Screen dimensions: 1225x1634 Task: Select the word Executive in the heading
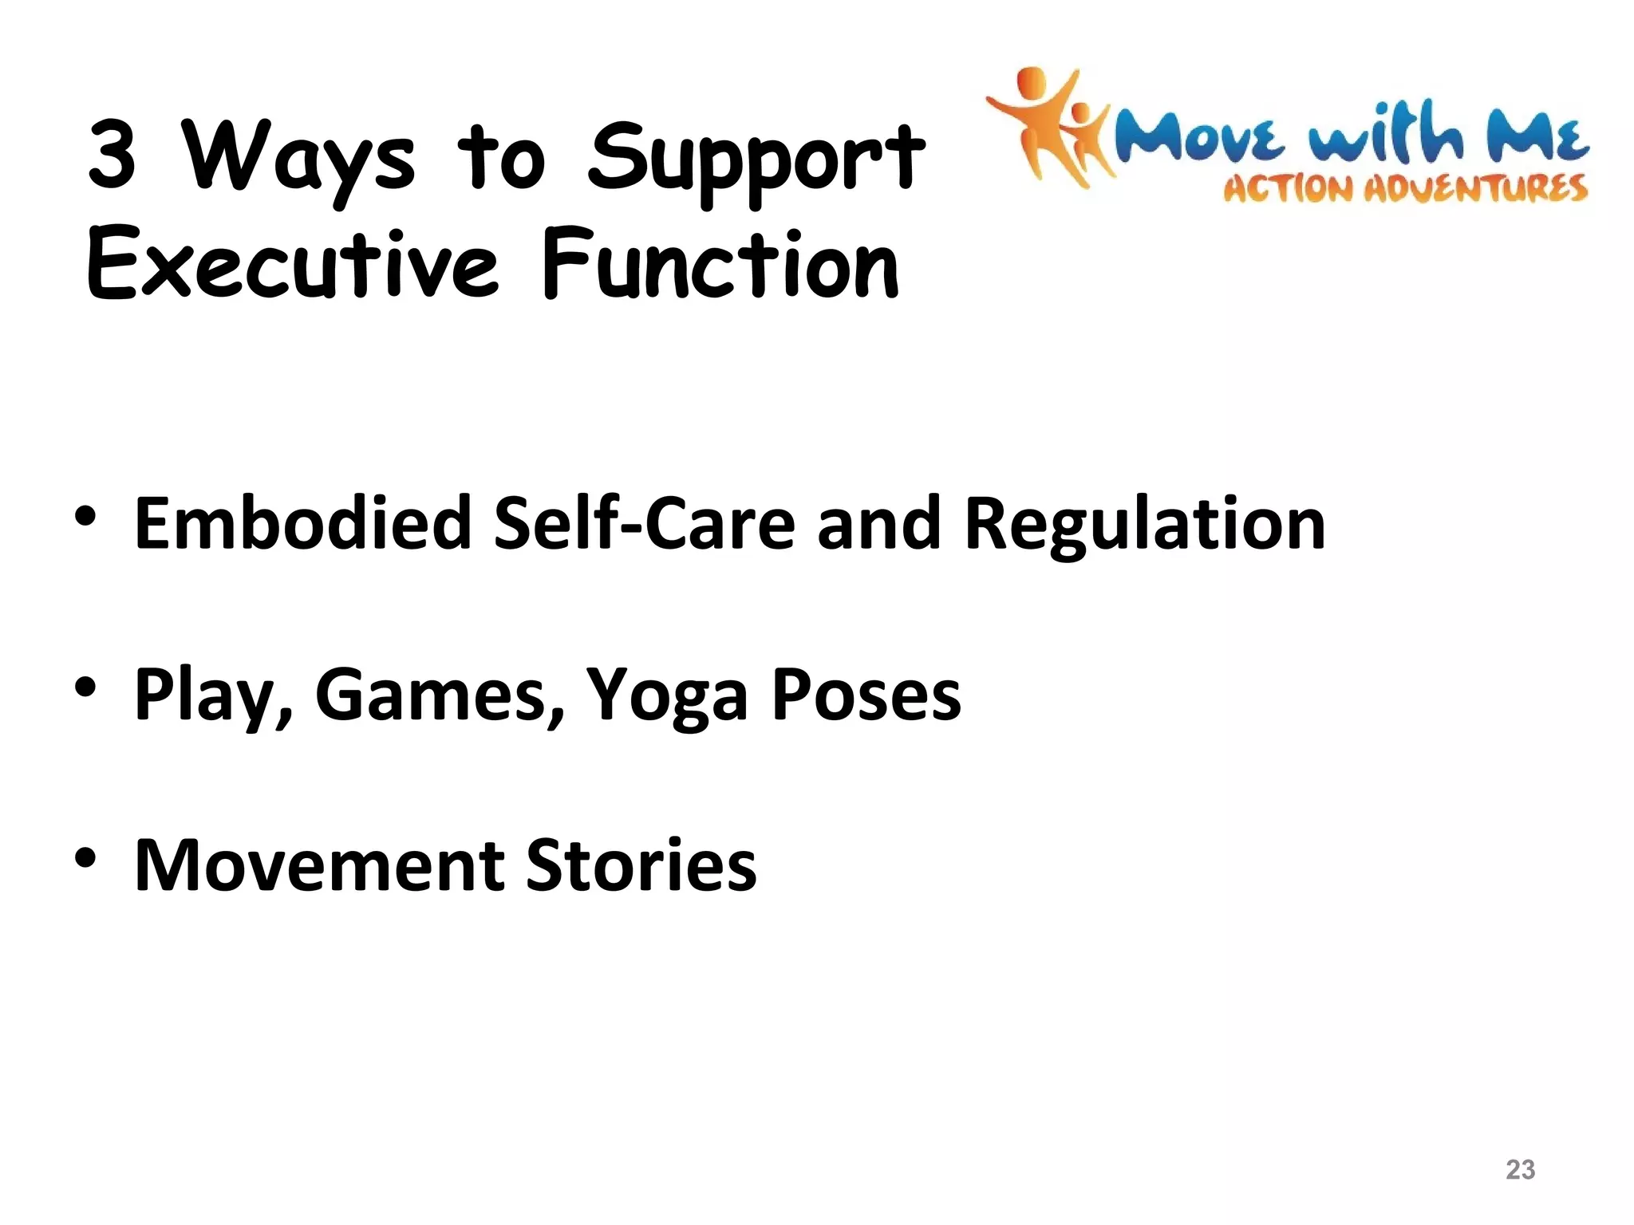click(292, 265)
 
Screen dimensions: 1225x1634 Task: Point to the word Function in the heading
click(720, 265)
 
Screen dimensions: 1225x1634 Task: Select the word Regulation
click(1144, 523)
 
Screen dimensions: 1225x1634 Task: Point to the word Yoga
click(667, 695)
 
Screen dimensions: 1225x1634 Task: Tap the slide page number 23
click(1520, 1169)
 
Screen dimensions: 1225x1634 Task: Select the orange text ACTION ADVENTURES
click(1405, 189)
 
